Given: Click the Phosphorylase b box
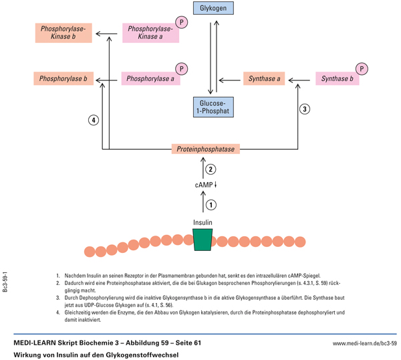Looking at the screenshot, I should (63, 79).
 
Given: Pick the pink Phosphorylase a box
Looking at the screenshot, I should (150, 79).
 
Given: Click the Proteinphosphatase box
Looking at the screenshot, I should (205, 149).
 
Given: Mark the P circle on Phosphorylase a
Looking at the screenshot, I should (180, 68).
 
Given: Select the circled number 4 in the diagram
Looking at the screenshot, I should (94, 120).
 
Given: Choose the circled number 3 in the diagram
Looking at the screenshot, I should (304, 108).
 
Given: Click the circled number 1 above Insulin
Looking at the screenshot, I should (211, 205).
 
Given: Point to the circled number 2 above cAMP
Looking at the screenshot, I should (211, 169).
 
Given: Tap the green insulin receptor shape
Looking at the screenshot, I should (203, 239).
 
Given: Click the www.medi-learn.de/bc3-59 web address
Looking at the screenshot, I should (364, 343).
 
